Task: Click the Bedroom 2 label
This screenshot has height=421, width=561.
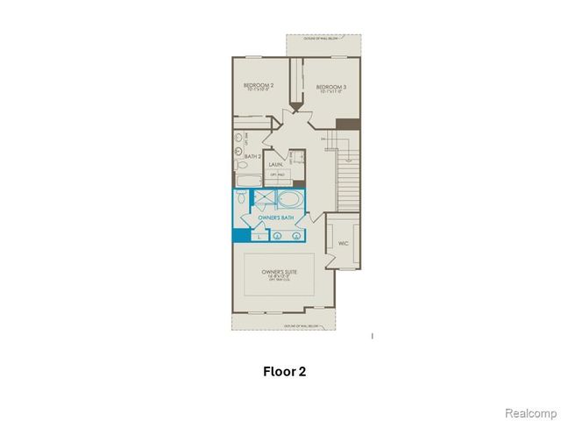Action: coord(259,87)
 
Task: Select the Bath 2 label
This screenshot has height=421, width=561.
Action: coord(253,156)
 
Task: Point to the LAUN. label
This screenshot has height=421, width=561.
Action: coord(275,163)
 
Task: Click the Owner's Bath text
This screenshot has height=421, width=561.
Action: coord(274,216)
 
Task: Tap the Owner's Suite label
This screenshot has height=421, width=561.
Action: coord(280,274)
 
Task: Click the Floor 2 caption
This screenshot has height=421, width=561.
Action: coord(285,371)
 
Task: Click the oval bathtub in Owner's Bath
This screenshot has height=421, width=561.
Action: coord(289,197)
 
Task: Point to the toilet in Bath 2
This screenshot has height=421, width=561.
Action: coord(239,163)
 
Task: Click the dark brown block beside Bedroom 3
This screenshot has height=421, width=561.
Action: coord(348,125)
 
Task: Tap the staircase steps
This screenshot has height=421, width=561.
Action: coord(349,175)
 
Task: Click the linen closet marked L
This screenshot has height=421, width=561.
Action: coord(259,235)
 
